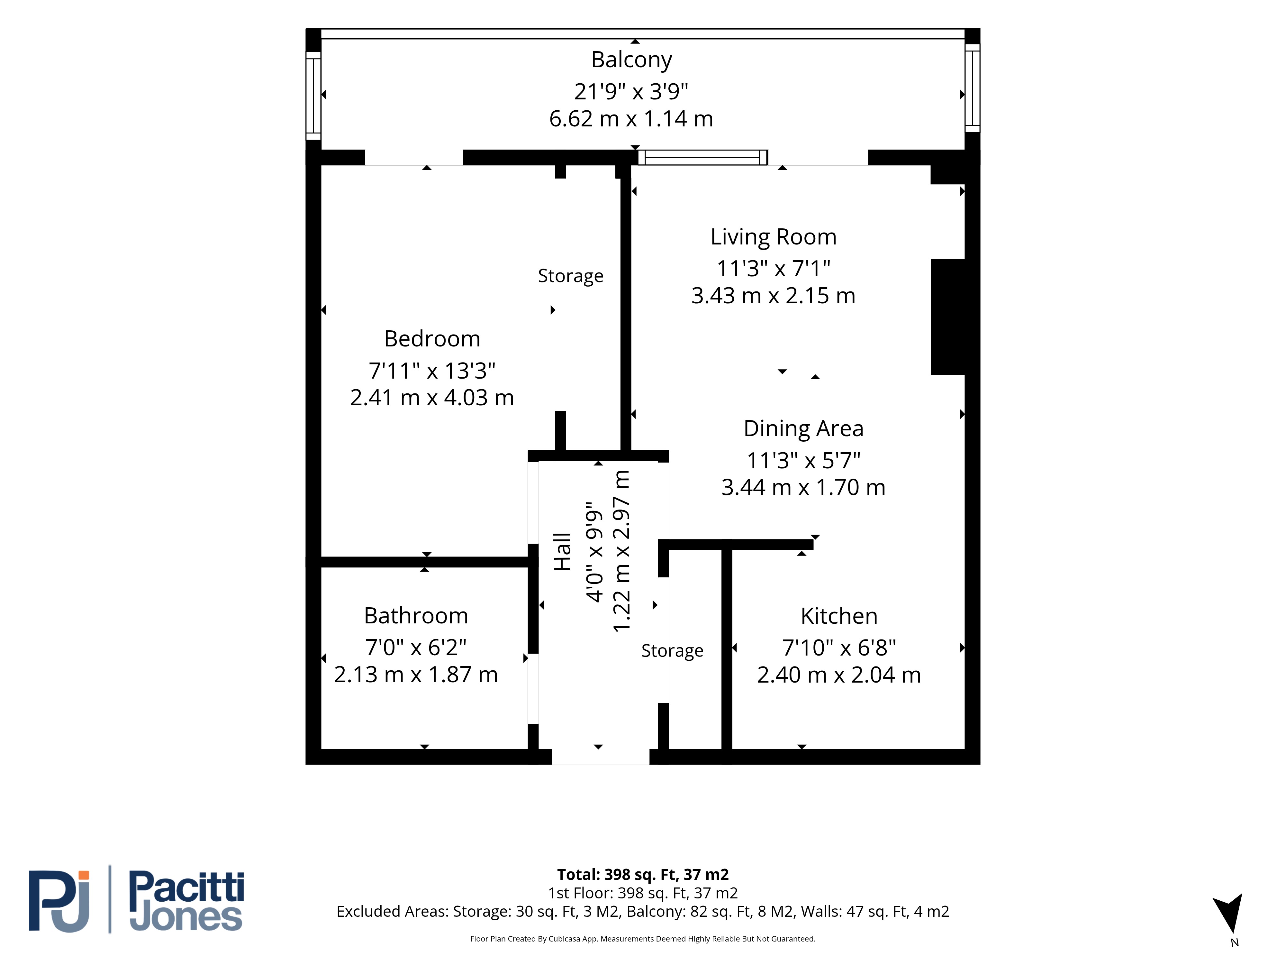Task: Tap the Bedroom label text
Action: pos(432,338)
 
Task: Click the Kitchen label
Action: pos(839,616)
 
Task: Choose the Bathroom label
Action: pos(416,615)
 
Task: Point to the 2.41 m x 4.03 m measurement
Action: pos(432,398)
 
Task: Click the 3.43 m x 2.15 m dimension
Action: pos(773,296)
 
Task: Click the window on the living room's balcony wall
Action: pos(703,157)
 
